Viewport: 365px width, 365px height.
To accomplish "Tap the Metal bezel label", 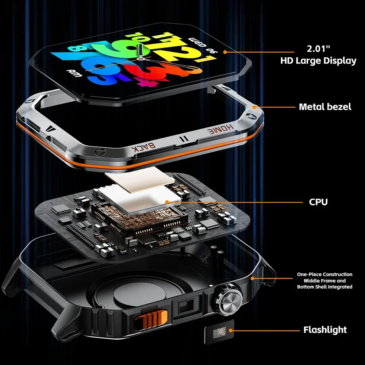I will click(x=325, y=107).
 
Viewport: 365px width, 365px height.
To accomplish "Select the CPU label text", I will click(x=318, y=202).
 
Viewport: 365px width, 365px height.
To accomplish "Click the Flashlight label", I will click(x=325, y=330).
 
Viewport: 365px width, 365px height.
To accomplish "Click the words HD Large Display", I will click(x=318, y=61).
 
